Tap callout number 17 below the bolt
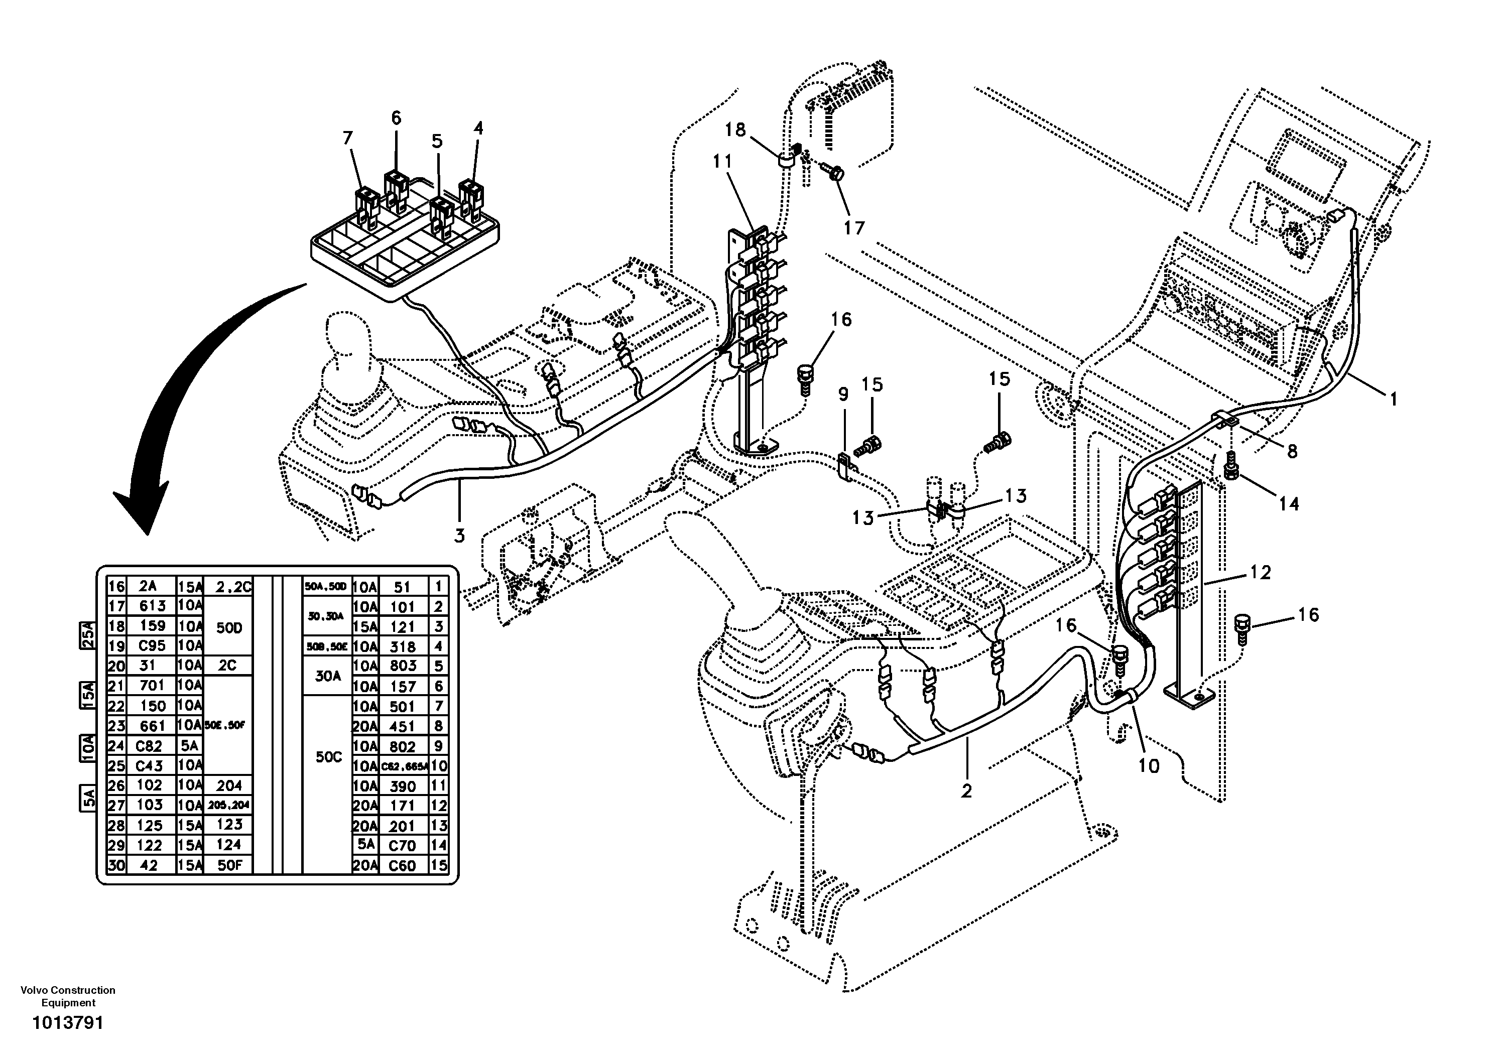point(854,228)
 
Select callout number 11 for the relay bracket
point(722,161)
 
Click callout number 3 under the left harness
point(459,536)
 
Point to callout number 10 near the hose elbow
point(1149,766)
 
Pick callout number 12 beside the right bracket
point(1260,573)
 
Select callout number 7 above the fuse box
point(347,138)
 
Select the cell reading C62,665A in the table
point(404,766)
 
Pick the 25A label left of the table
point(88,635)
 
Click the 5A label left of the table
point(88,799)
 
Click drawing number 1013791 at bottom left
point(68,1023)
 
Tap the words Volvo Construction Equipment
point(68,996)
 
